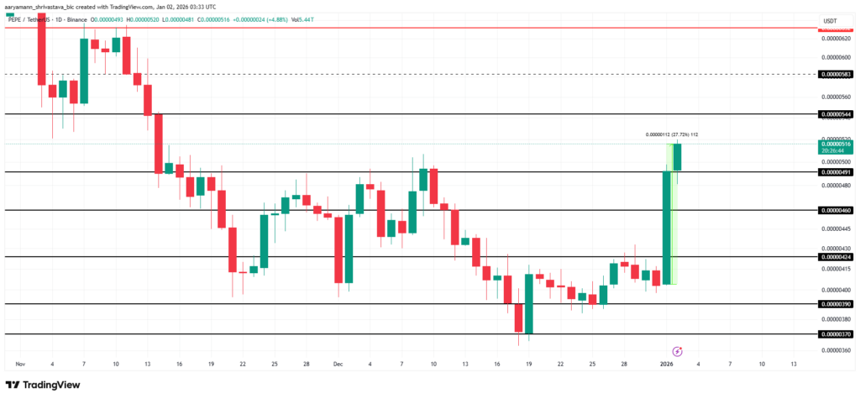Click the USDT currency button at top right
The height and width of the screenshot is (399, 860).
point(831,21)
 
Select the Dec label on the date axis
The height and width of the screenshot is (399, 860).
point(338,365)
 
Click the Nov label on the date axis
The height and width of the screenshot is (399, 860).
point(20,365)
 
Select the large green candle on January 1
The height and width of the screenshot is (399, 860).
point(667,227)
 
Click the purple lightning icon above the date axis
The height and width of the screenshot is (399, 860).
point(678,350)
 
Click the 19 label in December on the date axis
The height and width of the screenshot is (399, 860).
point(528,365)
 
